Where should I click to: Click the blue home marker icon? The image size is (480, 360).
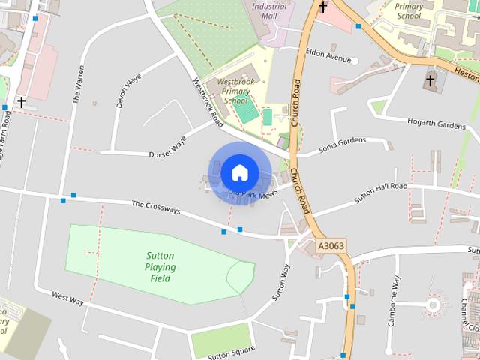click(239, 172)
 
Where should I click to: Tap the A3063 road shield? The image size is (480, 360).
click(331, 245)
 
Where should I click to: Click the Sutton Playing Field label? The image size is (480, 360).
click(160, 267)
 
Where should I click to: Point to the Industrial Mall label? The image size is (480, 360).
click(269, 10)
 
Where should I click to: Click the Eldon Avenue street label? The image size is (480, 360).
click(328, 58)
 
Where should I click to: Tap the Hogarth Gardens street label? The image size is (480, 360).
click(436, 123)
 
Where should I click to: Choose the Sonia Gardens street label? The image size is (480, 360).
click(343, 142)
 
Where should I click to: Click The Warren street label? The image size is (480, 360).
click(79, 83)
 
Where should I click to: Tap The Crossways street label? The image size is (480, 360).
click(156, 206)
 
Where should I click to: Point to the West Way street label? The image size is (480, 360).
click(67, 298)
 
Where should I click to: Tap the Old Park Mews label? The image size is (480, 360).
click(253, 193)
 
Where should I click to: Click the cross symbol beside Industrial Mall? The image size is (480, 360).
click(323, 8)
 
